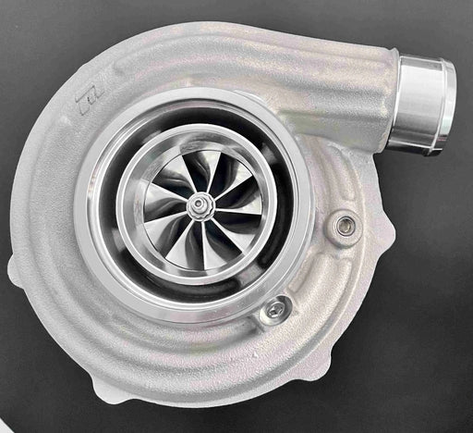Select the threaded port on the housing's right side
tap(346, 224)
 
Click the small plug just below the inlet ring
tap(273, 310)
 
